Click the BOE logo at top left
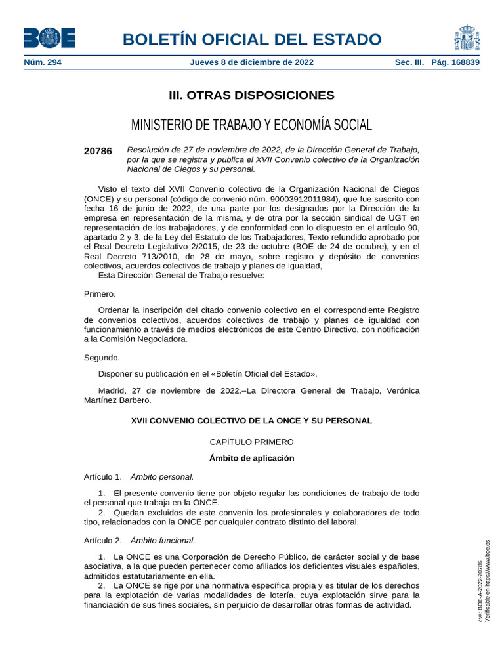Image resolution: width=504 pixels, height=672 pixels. click(49, 38)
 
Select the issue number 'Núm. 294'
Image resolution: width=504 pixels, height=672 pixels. click(43, 63)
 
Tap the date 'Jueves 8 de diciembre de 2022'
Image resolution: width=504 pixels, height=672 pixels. click(251, 63)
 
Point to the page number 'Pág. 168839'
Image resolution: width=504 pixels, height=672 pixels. click(455, 63)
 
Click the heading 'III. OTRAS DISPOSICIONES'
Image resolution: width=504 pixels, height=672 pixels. click(251, 96)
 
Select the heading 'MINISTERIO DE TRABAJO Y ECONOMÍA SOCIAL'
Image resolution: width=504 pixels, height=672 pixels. click(251, 125)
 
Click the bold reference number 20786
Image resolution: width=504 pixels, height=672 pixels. click(98, 151)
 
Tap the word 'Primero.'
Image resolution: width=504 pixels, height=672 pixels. click(100, 294)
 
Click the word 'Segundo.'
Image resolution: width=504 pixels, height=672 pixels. click(102, 358)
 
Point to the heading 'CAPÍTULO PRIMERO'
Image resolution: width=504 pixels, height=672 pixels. click(251, 442)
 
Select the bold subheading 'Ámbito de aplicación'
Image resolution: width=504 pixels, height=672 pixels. click(251, 458)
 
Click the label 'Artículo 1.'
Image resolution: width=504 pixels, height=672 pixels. click(103, 477)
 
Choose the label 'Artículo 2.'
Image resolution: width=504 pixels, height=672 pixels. click(103, 541)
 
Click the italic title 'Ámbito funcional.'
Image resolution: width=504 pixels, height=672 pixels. click(163, 541)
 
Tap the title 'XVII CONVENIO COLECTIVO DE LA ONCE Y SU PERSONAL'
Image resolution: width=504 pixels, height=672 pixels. click(251, 420)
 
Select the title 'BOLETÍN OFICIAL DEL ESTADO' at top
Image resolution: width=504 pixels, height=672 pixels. click(251, 39)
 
